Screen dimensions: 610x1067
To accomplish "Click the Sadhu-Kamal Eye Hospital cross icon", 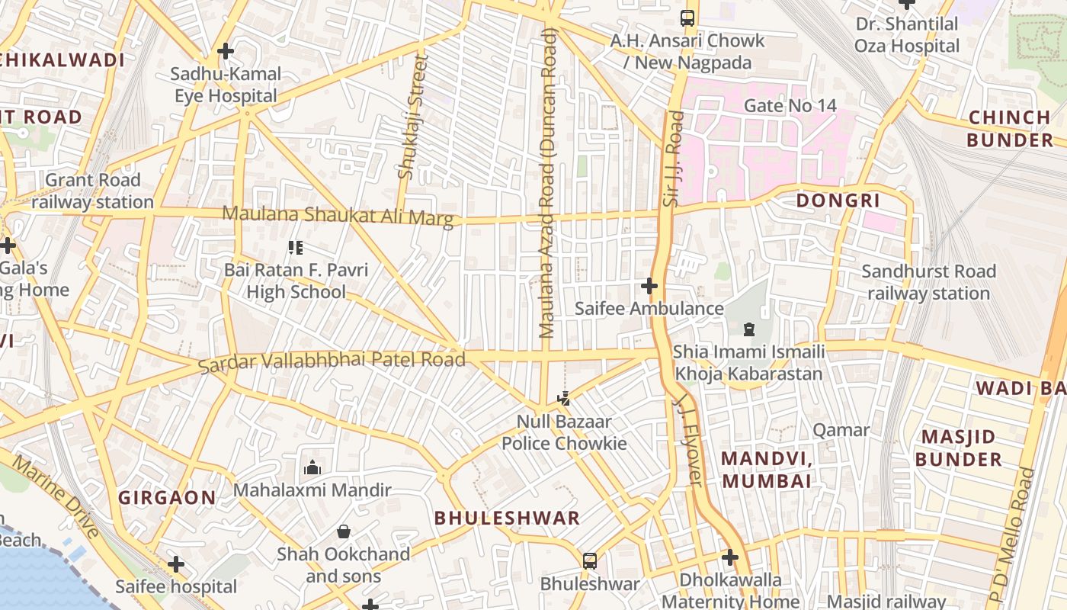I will tap(225, 52).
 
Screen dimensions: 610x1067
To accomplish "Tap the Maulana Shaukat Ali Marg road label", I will tap(338, 216).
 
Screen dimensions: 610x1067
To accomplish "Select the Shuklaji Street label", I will tap(412, 117).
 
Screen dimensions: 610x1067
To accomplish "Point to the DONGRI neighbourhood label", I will tap(838, 201).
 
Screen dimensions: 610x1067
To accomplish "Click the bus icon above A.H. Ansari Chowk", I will tap(687, 18).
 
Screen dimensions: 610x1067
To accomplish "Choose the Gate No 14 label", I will tap(790, 106).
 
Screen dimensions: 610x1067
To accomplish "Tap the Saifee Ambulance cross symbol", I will tap(649, 286).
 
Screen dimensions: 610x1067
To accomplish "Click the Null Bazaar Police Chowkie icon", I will tap(564, 398).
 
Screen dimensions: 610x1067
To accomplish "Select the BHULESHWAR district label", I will tap(508, 518).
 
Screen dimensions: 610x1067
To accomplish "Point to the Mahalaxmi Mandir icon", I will tap(312, 467).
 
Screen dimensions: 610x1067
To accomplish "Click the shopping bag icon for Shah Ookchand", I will tap(344, 531).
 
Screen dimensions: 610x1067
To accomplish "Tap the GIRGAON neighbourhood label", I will tap(167, 498).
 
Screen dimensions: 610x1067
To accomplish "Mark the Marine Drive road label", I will tap(57, 496).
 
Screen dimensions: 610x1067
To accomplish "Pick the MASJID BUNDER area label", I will tap(958, 448).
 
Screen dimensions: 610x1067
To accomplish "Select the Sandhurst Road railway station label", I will tap(928, 282).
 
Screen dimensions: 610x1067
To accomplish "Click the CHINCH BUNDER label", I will tap(1010, 128).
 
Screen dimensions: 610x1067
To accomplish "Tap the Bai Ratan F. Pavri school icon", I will tap(296, 247).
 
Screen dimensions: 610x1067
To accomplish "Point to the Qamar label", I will tap(841, 430).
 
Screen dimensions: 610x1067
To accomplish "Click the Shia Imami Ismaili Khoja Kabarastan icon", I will tap(748, 329).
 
